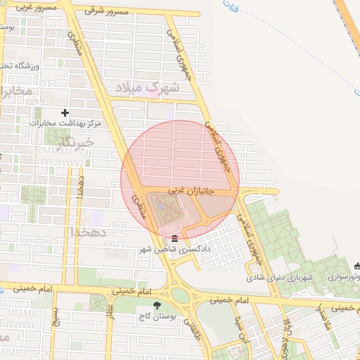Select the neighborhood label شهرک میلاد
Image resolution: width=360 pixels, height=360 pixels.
pos(149,88)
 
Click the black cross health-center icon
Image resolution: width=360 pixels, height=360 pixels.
pos(65,112)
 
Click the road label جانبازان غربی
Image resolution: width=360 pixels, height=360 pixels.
pos(190,191)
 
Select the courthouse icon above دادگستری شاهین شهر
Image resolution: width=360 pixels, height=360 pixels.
pos(174,238)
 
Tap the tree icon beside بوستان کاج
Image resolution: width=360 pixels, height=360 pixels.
pos(156,305)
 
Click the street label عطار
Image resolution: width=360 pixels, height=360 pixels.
pos(110,310)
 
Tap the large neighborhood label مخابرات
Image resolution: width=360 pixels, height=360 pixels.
pos(15,92)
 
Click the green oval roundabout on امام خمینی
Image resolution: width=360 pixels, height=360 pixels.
pos(181,296)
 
